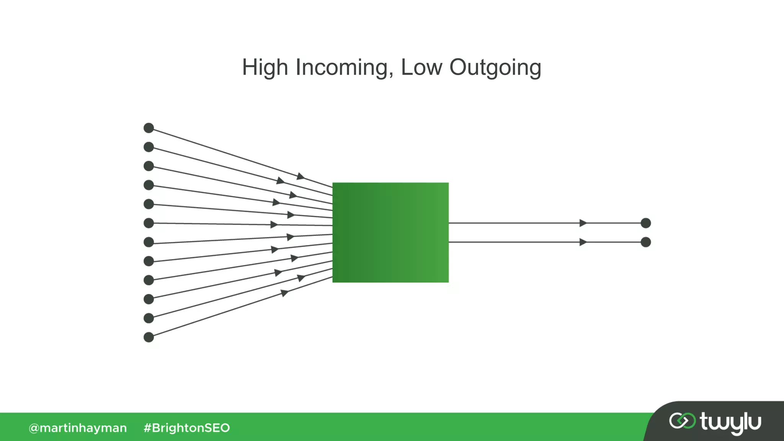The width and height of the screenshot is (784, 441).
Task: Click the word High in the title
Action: (x=265, y=68)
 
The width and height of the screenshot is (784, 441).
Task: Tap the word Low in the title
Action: (x=421, y=68)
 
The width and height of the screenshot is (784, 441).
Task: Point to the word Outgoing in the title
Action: (x=495, y=68)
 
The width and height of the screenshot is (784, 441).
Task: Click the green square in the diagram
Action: (x=390, y=232)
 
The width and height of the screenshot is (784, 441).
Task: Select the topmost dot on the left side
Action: (x=149, y=128)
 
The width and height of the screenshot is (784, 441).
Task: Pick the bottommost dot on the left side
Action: (x=149, y=337)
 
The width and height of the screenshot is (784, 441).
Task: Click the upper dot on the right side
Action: (x=646, y=223)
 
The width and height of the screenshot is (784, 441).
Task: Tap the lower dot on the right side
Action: (x=646, y=242)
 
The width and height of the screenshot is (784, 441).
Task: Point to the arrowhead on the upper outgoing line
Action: (x=583, y=223)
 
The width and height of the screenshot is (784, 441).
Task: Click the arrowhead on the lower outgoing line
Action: (x=583, y=242)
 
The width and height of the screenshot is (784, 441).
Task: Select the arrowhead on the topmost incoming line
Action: (x=301, y=176)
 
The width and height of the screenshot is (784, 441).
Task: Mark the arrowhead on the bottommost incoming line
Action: (x=284, y=293)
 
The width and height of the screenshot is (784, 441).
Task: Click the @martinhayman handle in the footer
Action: (x=78, y=428)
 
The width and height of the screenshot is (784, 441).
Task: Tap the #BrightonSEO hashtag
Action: (x=186, y=428)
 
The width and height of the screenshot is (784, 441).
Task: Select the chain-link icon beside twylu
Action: (x=682, y=421)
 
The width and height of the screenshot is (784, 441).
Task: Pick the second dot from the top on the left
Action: (x=149, y=147)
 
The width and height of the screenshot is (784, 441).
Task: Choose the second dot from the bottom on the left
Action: (x=149, y=318)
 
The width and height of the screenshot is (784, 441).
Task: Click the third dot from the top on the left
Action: (x=149, y=166)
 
